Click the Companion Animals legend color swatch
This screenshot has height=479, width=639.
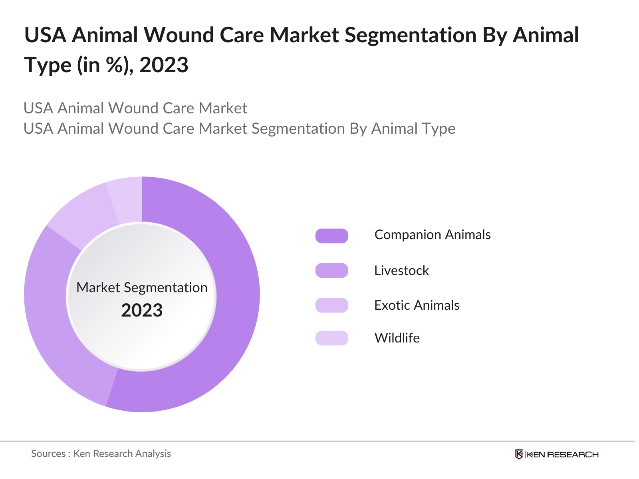tap(331, 236)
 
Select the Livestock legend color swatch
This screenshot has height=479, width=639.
tap(331, 270)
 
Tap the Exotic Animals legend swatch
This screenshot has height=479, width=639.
tap(331, 305)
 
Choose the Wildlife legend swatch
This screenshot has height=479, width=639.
tap(331, 338)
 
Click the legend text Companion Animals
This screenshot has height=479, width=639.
tap(432, 235)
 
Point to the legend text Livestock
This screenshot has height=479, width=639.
tap(401, 271)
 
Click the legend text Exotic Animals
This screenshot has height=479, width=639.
tap(417, 305)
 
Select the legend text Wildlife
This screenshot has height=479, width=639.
tap(397, 338)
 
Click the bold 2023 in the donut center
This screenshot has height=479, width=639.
tap(142, 311)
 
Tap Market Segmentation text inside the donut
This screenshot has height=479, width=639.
tap(142, 287)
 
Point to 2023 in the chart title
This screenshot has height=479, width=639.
tap(164, 65)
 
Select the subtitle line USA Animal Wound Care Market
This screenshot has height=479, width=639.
tap(135, 108)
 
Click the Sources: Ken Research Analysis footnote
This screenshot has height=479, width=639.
tap(101, 453)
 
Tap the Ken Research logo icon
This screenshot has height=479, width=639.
tap(519, 454)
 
